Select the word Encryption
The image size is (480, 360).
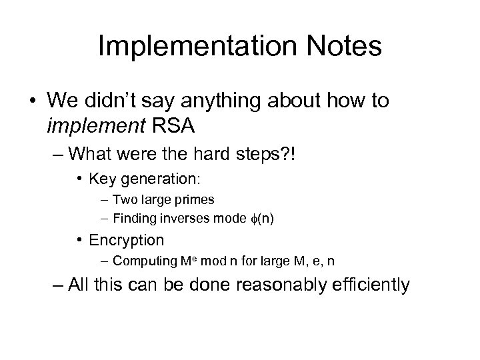(x=127, y=239)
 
